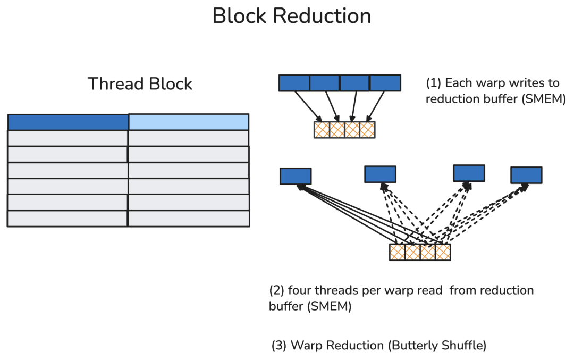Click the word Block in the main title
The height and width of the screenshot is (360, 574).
point(239,16)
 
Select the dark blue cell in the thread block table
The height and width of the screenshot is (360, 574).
point(68,122)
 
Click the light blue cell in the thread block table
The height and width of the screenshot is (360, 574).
point(189,122)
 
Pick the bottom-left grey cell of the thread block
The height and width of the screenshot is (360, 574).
point(67,219)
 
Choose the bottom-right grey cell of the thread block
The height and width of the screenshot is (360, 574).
point(189,219)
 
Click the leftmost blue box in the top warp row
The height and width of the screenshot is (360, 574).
point(294,83)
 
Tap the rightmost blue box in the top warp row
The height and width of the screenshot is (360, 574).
point(385,83)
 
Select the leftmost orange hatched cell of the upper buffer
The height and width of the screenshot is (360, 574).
point(322,130)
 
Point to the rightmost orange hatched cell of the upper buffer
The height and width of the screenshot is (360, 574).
point(368,130)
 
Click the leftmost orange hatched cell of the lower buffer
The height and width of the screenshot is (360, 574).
point(397,253)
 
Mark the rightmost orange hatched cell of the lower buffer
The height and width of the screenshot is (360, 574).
point(443,253)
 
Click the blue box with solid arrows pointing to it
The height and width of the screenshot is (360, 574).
point(296,176)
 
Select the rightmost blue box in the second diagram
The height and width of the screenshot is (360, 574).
point(526,175)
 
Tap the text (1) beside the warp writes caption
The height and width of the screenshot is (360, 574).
point(434,83)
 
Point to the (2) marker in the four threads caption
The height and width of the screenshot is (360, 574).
point(277,290)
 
